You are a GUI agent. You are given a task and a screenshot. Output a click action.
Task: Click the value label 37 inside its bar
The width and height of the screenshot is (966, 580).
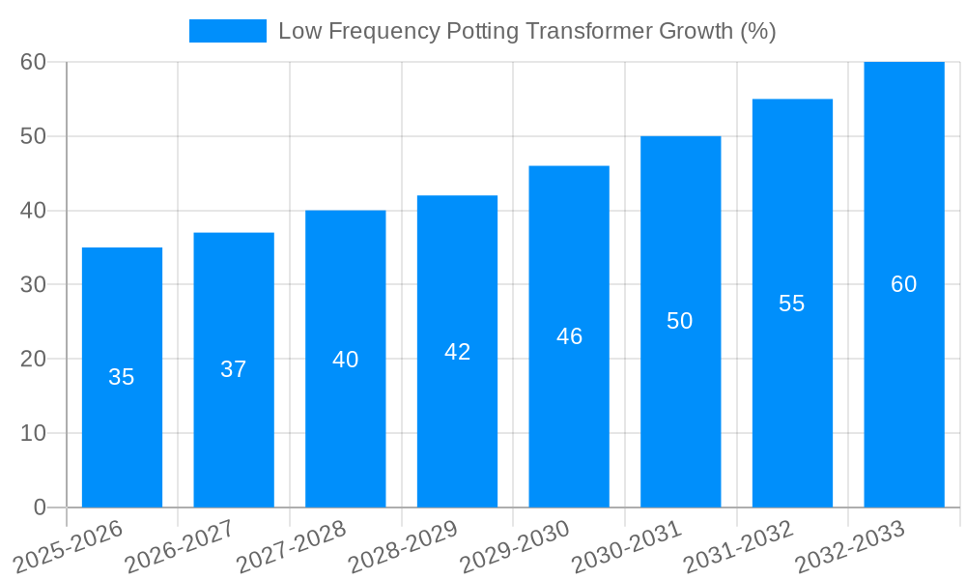(x=234, y=369)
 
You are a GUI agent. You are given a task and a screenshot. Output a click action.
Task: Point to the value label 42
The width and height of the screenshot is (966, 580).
(x=457, y=352)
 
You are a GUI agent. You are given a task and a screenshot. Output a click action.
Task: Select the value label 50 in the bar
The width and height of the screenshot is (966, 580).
(x=680, y=321)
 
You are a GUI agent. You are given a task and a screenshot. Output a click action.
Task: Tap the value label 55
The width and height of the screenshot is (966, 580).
(x=791, y=304)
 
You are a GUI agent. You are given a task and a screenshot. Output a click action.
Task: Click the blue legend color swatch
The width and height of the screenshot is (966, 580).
(x=228, y=31)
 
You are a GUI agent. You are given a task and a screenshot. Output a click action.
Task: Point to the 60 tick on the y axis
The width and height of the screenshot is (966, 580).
(x=34, y=62)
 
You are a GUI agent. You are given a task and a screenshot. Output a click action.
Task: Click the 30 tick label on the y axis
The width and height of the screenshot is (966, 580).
(x=34, y=284)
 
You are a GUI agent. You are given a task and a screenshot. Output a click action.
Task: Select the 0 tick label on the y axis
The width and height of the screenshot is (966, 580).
(x=40, y=507)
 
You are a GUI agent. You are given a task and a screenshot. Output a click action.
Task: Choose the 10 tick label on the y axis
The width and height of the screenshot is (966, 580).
(x=34, y=433)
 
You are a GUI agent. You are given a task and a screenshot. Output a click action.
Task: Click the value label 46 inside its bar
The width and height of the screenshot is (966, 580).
(x=569, y=336)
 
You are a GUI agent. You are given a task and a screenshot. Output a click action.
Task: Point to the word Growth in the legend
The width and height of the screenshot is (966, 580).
(x=695, y=31)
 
